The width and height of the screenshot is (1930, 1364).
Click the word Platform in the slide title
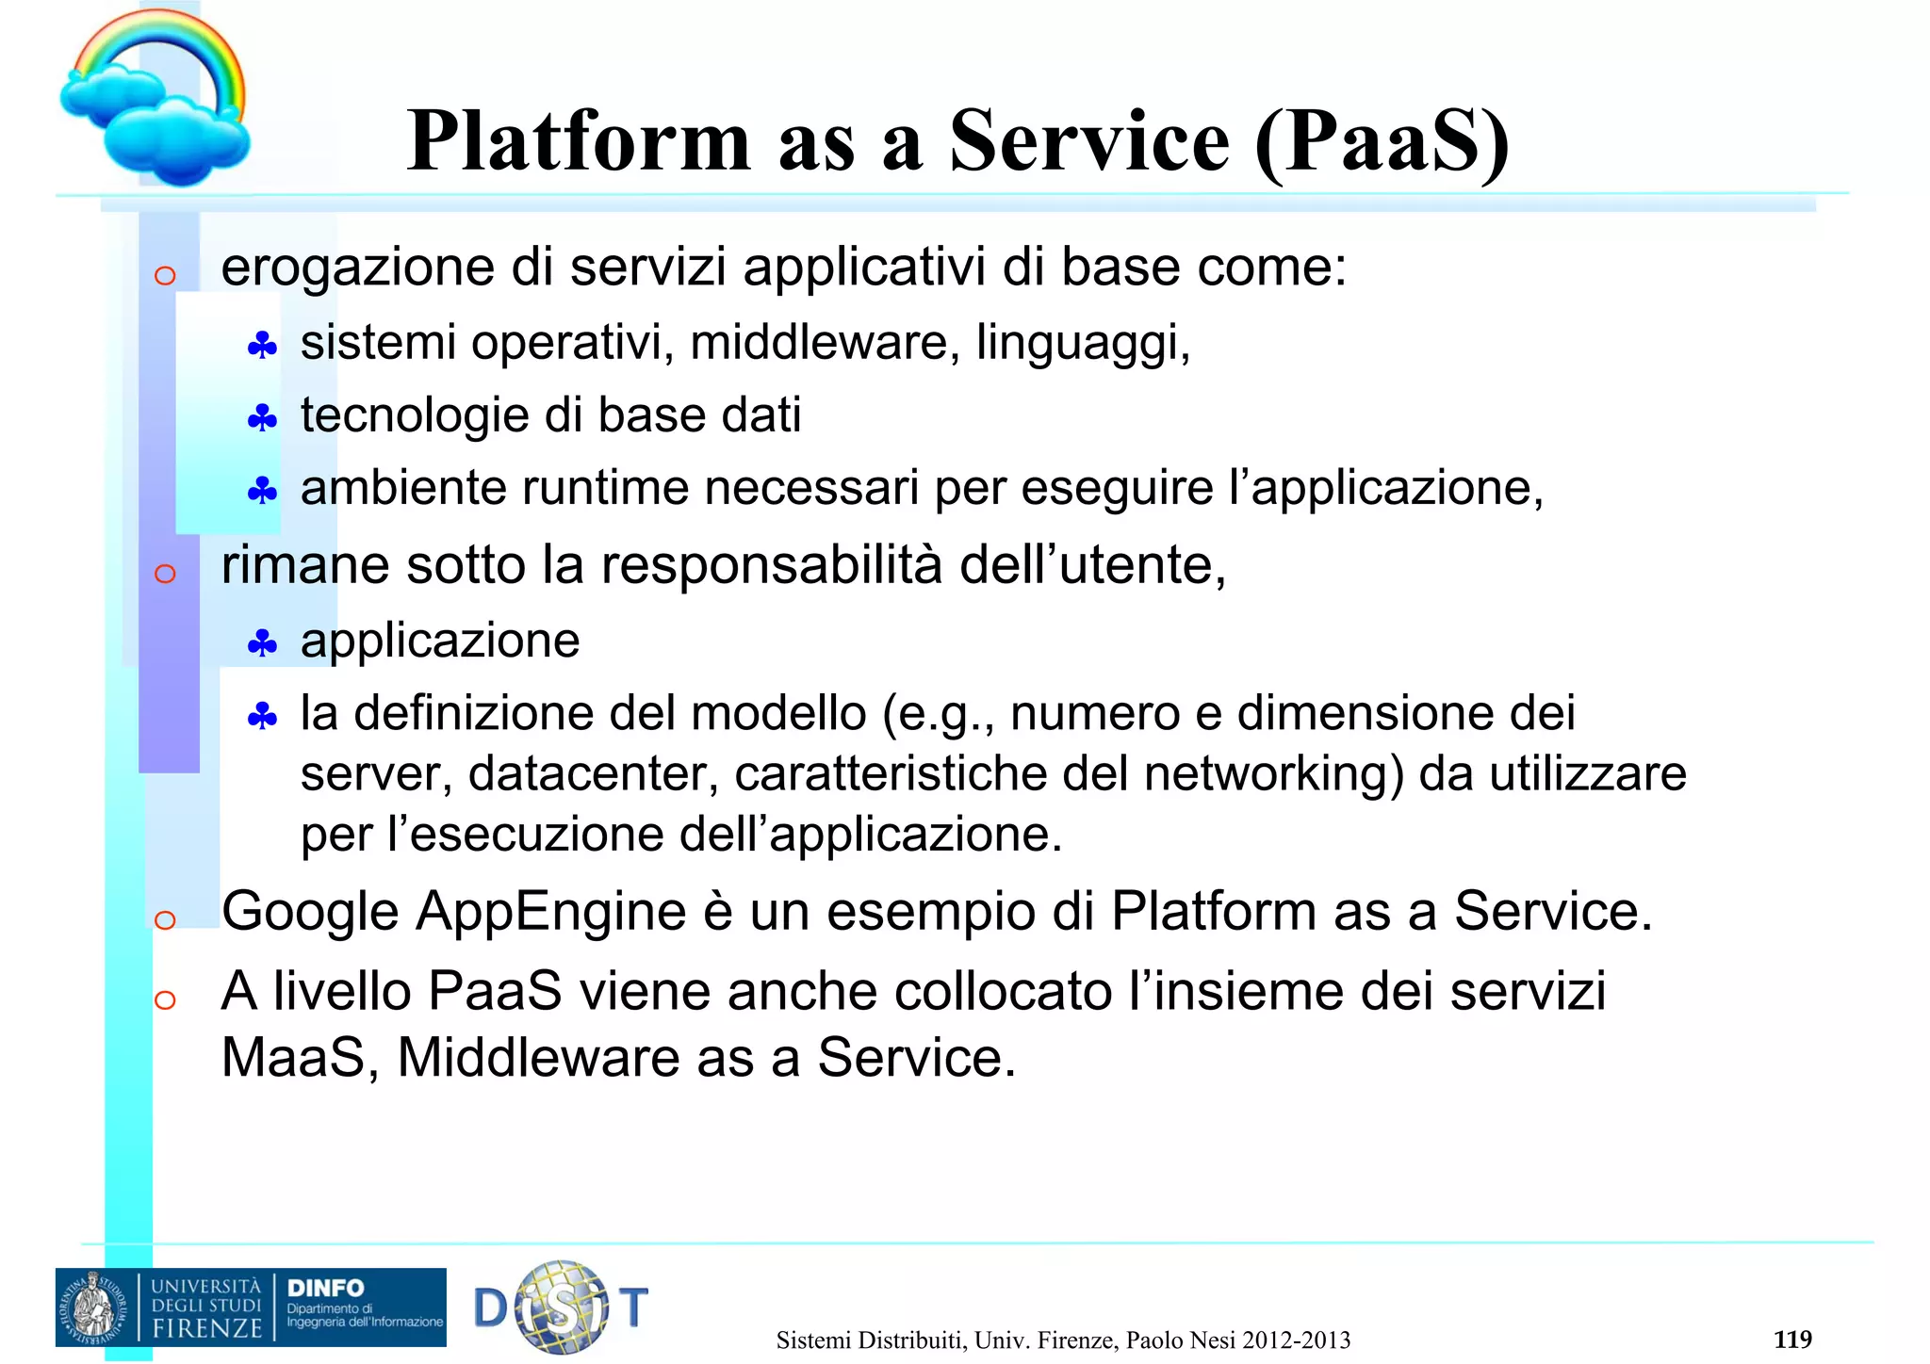tap(579, 141)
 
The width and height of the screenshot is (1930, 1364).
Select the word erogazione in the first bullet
tap(357, 268)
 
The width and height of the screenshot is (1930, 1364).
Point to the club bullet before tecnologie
tap(262, 418)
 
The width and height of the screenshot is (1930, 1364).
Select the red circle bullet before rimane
tap(165, 573)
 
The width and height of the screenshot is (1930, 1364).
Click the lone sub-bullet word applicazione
tap(440, 641)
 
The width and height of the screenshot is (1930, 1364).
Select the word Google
tap(310, 912)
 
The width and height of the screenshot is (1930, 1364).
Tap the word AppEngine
tap(551, 912)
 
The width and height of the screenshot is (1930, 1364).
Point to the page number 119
tap(1791, 1339)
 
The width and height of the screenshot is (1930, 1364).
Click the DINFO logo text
tap(325, 1288)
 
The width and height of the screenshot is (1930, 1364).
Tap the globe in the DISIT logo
tap(563, 1307)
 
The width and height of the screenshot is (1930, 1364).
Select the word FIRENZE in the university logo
tap(207, 1328)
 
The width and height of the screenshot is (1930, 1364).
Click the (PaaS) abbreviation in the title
tap(1382, 141)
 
